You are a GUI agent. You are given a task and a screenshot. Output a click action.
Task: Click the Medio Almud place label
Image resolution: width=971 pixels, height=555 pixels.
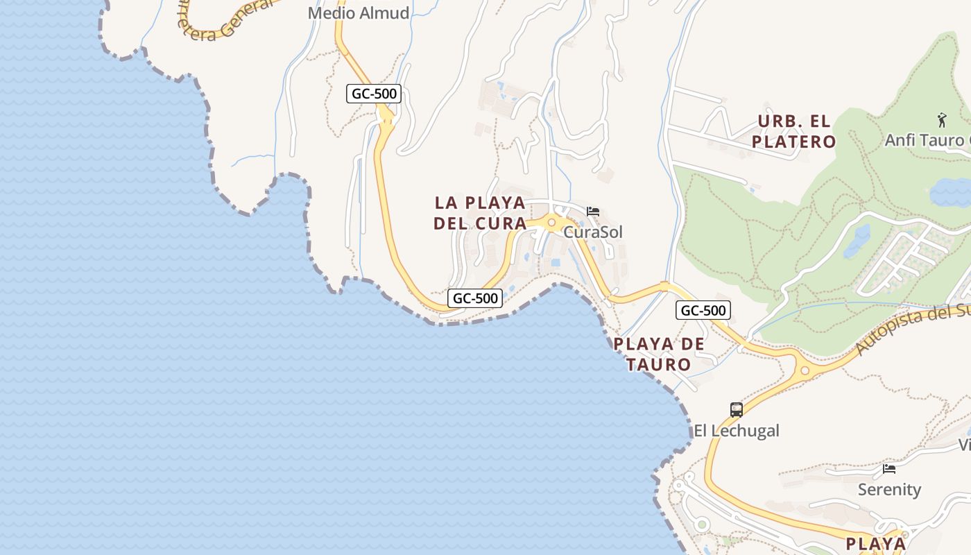click(358, 13)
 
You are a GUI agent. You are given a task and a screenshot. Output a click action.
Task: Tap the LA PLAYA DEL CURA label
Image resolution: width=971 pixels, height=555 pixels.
click(480, 213)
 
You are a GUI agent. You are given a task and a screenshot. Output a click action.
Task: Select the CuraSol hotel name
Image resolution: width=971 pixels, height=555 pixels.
click(593, 232)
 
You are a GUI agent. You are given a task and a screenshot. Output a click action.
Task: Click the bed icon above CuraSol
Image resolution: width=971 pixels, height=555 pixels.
click(593, 212)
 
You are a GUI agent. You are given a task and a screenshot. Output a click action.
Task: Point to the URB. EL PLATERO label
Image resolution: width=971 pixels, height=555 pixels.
click(796, 131)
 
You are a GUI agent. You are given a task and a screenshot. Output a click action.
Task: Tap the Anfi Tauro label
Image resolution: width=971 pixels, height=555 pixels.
click(927, 140)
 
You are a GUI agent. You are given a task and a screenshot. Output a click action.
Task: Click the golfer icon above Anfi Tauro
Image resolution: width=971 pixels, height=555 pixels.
click(941, 120)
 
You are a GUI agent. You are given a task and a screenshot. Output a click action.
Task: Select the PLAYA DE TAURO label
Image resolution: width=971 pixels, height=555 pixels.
click(659, 354)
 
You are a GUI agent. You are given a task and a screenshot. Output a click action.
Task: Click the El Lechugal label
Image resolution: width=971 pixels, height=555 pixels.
click(737, 430)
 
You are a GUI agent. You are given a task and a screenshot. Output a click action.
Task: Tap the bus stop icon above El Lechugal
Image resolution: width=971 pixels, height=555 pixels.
click(737, 409)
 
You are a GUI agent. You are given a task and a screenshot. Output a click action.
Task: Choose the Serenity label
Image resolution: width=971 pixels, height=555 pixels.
click(889, 489)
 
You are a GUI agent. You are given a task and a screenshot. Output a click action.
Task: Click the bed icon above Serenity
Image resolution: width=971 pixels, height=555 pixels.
click(889, 469)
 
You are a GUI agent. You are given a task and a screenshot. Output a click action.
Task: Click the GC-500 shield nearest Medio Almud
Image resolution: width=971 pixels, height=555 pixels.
click(374, 94)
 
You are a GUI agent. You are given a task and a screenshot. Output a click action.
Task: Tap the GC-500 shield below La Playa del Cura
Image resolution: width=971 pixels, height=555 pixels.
click(475, 298)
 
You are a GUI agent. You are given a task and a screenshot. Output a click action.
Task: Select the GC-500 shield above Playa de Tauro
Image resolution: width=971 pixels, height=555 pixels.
click(703, 310)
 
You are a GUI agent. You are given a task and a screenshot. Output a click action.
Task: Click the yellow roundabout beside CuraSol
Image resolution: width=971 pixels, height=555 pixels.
click(552, 223)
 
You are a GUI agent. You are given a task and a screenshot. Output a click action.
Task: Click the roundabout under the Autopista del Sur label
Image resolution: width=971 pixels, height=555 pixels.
click(805, 370)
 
